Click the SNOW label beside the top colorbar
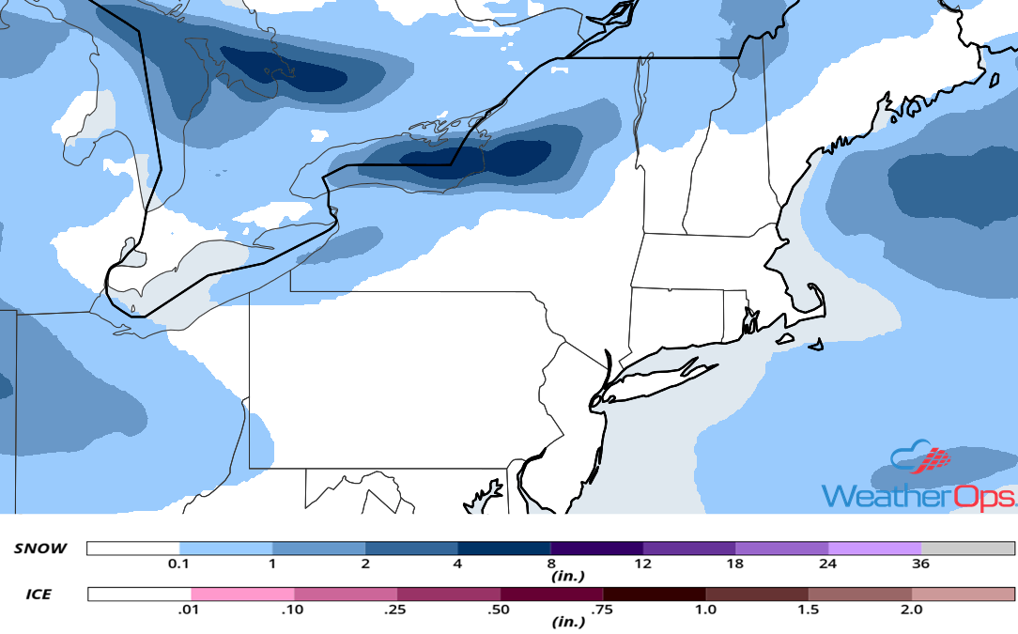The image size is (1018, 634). pos(40,549)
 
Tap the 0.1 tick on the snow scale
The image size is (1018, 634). pos(178,564)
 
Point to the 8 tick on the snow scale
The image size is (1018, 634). pos(550,564)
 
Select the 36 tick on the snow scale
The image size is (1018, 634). pos(920,564)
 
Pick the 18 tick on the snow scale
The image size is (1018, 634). pos(735,564)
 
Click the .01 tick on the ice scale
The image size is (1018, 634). pos(191,611)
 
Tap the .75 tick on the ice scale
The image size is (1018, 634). pos(603,611)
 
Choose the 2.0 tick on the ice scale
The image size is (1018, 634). pos(911,611)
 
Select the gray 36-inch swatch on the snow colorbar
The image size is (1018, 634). pos(967,549)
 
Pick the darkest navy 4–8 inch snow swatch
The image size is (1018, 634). pos(504,549)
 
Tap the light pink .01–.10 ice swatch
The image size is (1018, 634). pos(242,595)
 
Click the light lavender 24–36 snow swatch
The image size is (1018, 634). pos(874,549)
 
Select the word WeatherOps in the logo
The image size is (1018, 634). pos(918,496)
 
